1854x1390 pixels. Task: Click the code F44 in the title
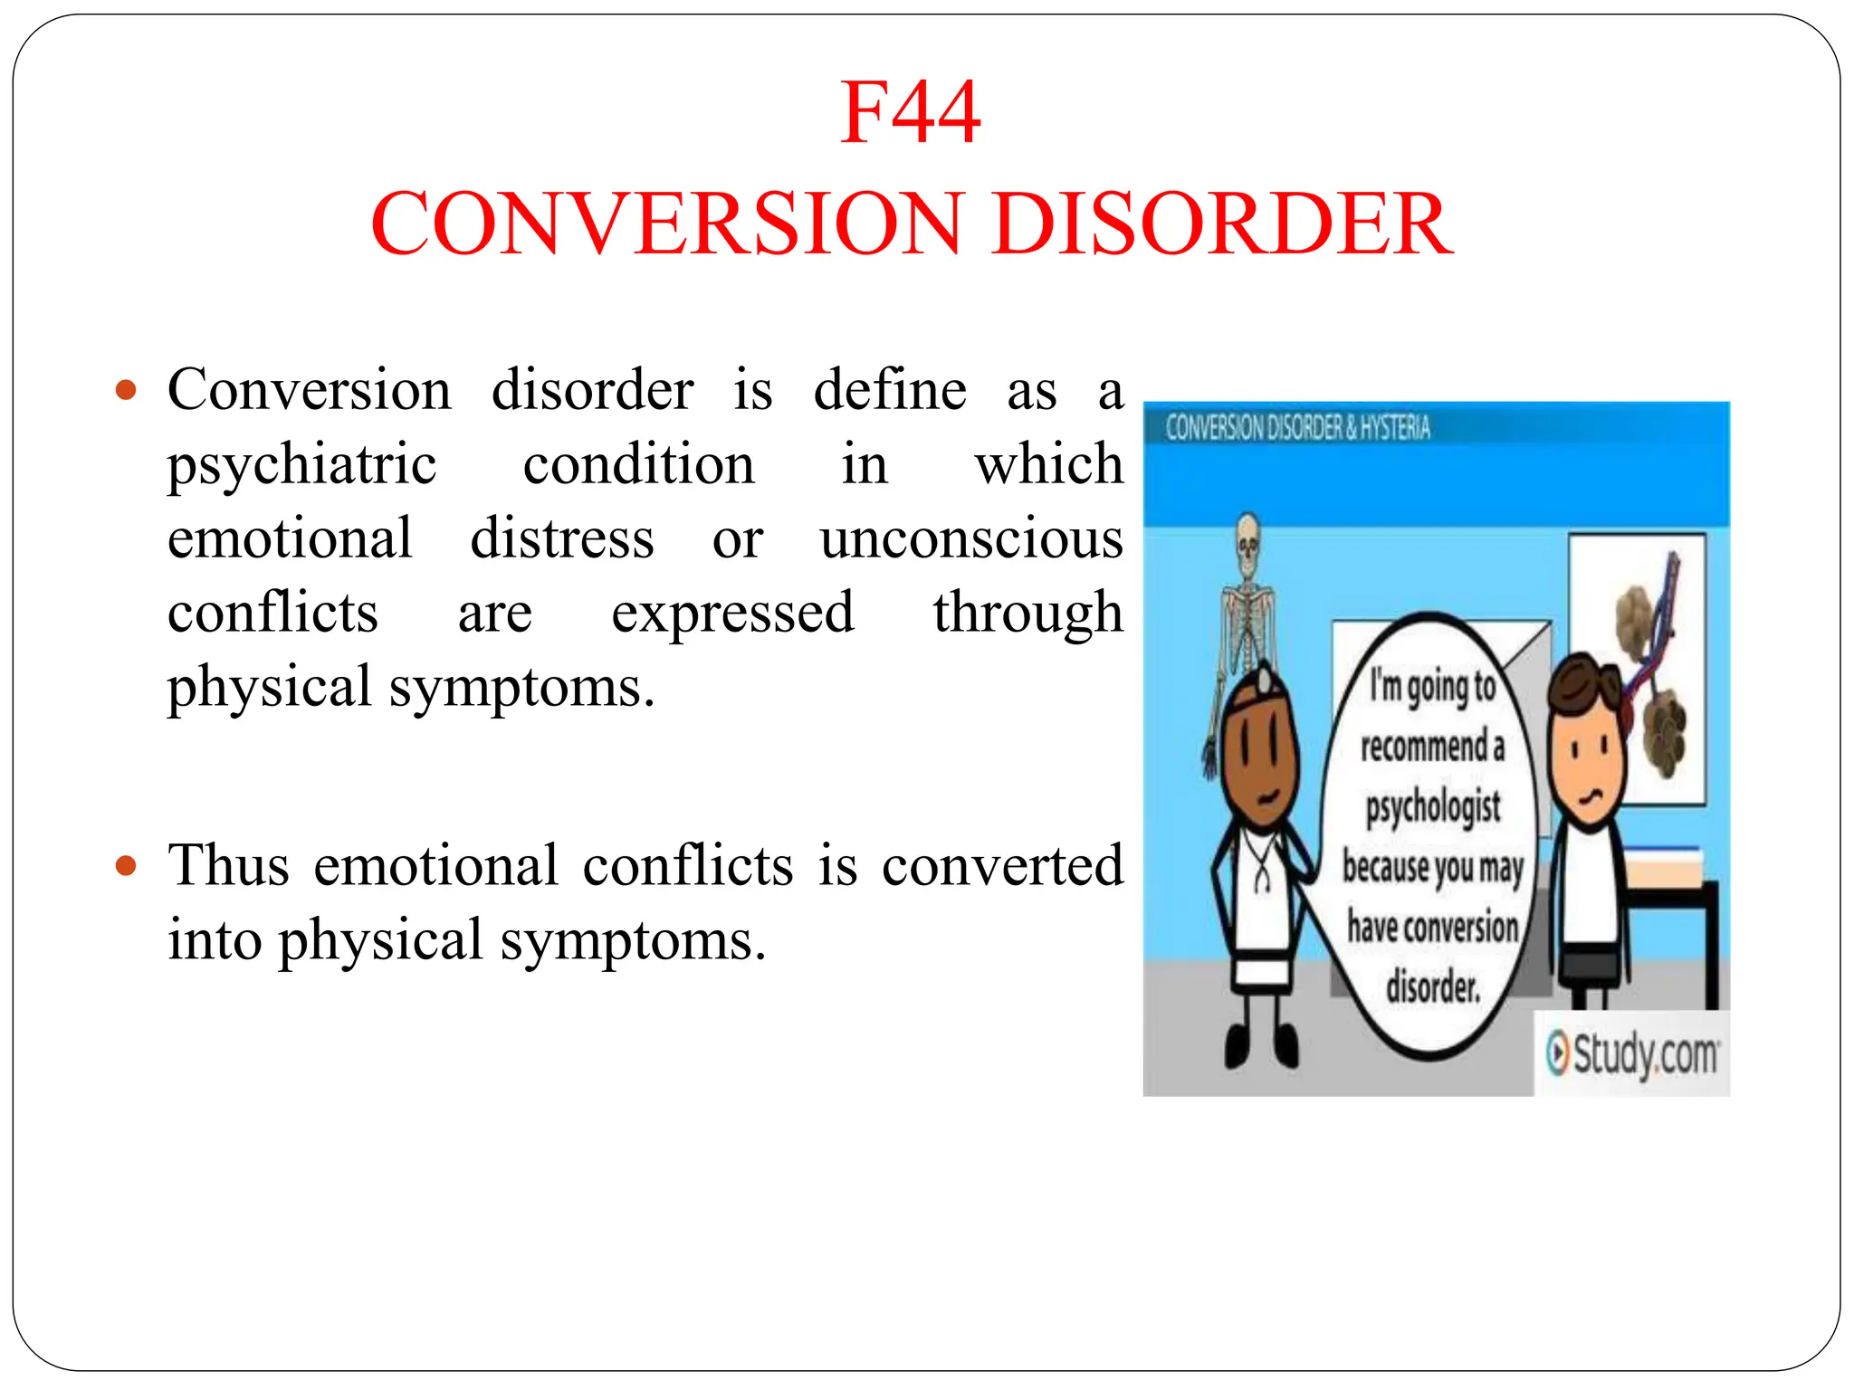click(910, 113)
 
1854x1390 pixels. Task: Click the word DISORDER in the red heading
click(1223, 224)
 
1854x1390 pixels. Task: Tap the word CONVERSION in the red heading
click(664, 224)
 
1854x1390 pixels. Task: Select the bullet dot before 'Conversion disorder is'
click(126, 391)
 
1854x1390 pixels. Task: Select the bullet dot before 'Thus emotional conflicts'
click(126, 866)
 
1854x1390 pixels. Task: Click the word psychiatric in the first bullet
click(302, 466)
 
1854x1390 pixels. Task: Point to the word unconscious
click(971, 539)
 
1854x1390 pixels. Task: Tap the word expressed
click(732, 614)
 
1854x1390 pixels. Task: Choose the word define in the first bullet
click(890, 391)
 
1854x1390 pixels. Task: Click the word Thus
click(228, 866)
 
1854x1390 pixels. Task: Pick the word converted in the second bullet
click(1002, 866)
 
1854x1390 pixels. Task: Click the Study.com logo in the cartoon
click(1632, 1054)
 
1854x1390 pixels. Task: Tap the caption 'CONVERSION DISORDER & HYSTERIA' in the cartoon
click(1297, 427)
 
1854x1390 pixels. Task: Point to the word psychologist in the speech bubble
click(1433, 806)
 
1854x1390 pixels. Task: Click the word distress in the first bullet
click(561, 539)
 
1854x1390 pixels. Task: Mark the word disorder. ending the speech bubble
click(1433, 986)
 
